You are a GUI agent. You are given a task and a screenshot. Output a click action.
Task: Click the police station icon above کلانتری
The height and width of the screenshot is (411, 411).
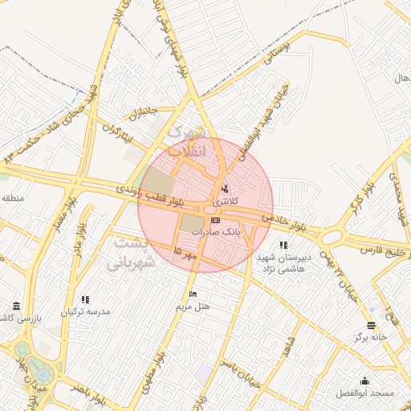coord(224,189)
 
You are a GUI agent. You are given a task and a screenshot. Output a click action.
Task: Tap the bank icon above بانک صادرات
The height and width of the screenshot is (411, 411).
coord(215,220)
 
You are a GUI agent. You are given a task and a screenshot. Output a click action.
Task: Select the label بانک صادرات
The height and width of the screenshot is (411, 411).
coord(215,231)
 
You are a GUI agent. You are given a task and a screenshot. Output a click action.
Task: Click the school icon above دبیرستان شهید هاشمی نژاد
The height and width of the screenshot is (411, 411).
coord(283,244)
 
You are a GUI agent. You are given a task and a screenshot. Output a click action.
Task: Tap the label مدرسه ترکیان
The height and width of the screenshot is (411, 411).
coord(90,311)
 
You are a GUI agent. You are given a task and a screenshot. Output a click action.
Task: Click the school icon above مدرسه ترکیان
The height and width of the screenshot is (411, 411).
coord(86,299)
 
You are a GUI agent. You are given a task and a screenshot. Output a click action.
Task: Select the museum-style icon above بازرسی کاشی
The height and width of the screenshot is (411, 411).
coord(18,307)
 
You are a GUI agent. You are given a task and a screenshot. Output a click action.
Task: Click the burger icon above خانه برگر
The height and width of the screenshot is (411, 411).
coord(371,326)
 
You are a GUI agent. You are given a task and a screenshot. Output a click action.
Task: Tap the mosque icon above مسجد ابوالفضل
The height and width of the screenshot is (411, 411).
coord(365,380)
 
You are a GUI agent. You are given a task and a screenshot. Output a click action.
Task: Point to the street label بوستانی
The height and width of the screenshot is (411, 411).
coord(270,61)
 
